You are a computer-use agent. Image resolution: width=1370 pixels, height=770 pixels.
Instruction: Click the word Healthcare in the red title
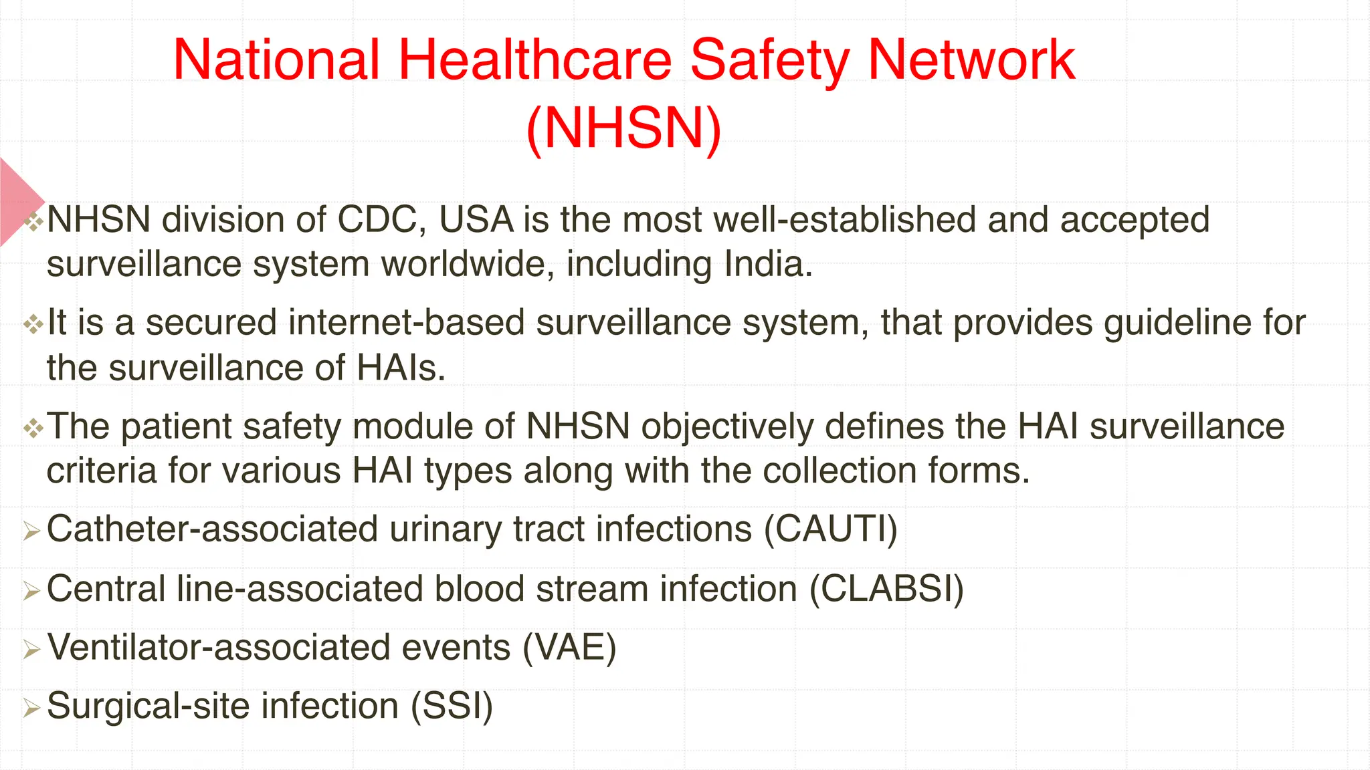pos(535,60)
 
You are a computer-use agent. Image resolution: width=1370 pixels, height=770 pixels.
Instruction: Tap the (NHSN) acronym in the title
pos(624,128)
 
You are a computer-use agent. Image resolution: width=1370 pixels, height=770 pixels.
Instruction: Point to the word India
pos(769,264)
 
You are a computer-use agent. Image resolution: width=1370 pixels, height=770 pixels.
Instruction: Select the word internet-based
pos(407,322)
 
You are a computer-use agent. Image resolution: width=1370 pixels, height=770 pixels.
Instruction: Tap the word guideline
pos(1177,324)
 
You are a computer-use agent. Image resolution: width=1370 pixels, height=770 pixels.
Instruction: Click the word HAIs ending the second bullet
pos(401,368)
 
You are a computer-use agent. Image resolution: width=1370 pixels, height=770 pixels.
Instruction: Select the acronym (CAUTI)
pos(831,529)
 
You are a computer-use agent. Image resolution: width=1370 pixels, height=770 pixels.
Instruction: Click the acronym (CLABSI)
pos(886,590)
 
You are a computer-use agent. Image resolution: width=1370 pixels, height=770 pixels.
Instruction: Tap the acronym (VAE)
pos(569,648)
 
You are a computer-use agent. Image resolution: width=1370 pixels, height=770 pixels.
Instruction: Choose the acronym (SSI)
pos(452,707)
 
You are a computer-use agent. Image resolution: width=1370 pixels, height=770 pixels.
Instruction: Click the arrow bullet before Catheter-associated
pos(31,532)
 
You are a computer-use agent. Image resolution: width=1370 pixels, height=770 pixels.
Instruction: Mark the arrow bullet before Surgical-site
pos(31,709)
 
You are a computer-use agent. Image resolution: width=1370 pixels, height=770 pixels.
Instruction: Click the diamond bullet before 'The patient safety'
pos(33,428)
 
